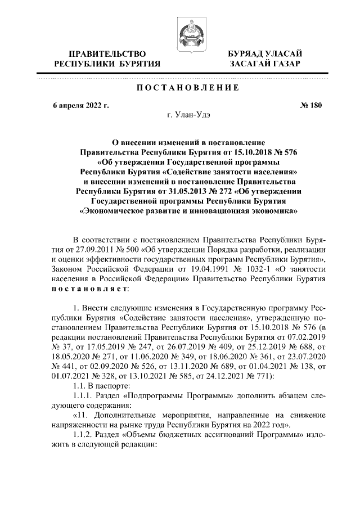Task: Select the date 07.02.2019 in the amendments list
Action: (x=307, y=337)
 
